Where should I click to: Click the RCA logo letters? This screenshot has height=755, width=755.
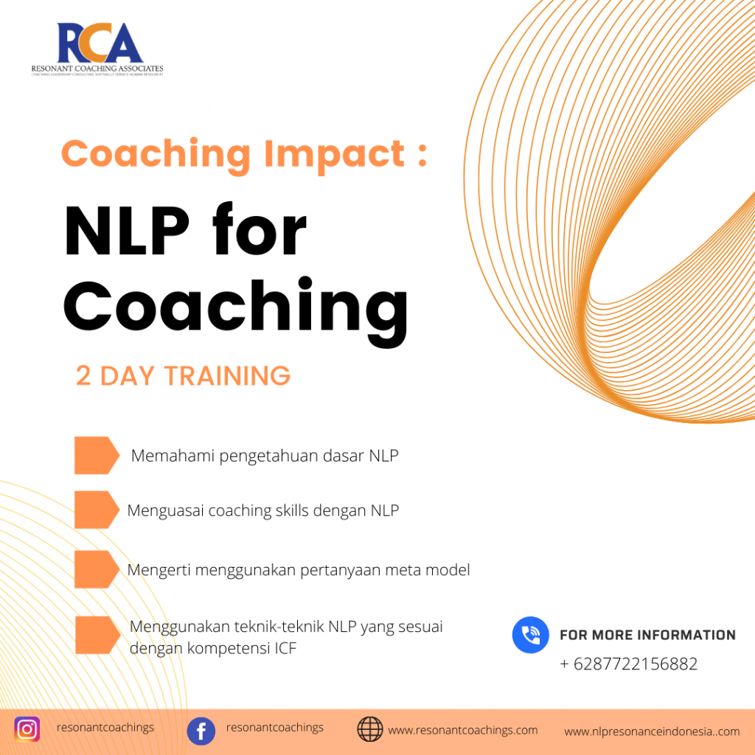tap(99, 44)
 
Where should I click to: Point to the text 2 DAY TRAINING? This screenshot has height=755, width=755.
tap(183, 376)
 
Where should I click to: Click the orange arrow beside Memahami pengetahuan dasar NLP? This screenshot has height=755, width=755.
tap(96, 455)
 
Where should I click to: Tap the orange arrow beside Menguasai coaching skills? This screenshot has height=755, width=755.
tap(96, 509)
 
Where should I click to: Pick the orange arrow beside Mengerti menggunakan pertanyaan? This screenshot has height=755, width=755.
tap(96, 569)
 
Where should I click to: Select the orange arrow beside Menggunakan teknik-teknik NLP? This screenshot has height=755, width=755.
tap(97, 634)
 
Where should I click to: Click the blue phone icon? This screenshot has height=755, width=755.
tap(531, 635)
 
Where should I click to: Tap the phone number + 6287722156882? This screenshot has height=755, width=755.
tap(628, 664)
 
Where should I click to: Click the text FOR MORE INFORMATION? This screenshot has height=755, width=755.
tap(647, 635)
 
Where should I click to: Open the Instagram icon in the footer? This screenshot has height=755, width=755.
tap(27, 729)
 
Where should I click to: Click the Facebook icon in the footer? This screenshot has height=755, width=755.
tap(201, 731)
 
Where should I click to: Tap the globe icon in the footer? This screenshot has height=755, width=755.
tap(370, 729)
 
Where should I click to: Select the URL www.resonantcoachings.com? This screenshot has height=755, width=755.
tap(463, 731)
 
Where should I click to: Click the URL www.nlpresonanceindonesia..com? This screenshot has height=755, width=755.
tap(652, 731)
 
